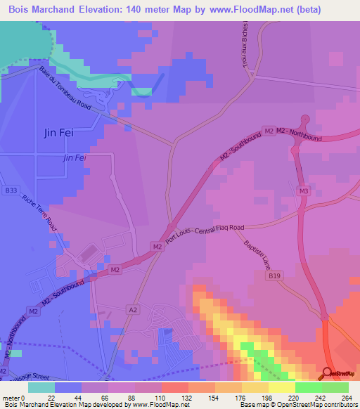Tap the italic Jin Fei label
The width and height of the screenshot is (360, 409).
click(74, 159)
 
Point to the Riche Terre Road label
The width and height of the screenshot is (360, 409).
click(39, 213)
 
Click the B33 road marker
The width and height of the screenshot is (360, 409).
click(11, 190)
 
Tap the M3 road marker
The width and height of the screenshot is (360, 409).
click(304, 191)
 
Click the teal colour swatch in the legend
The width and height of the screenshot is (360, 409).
click(41, 387)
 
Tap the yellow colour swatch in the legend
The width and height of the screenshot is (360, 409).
click(281, 387)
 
